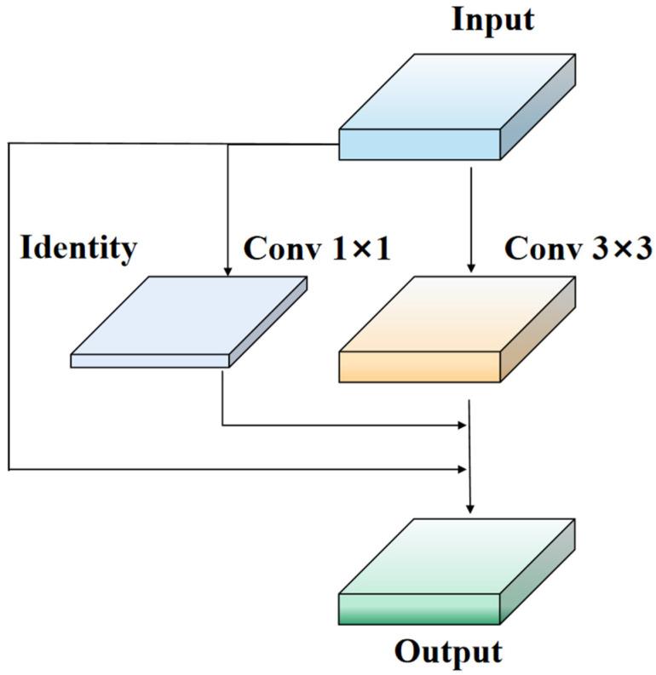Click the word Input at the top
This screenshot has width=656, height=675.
tap(492, 18)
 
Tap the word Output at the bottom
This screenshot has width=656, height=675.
tap(447, 652)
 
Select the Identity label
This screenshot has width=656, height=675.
tap(78, 248)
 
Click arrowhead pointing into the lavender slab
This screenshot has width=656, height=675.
tap(227, 270)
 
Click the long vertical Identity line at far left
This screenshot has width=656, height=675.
tap(9, 306)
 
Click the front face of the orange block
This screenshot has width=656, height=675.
tap(419, 365)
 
